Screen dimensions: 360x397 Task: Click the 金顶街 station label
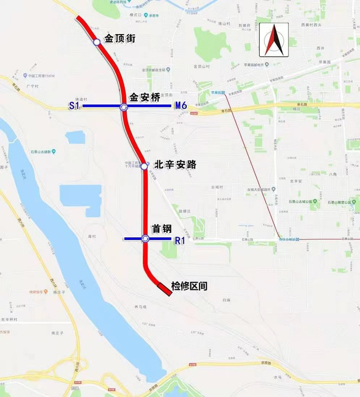[120, 38]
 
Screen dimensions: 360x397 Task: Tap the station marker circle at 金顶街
[96, 42]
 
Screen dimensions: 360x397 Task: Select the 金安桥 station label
[146, 97]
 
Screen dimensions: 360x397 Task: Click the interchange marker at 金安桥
[123, 107]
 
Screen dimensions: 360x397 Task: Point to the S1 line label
[75, 106]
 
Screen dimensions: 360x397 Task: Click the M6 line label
[181, 106]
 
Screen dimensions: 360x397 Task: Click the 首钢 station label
[161, 228]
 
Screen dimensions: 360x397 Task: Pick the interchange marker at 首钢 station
[146, 238]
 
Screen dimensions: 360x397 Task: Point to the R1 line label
[180, 239]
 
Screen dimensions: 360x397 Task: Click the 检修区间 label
[189, 286]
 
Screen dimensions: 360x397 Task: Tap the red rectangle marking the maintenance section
[165, 289]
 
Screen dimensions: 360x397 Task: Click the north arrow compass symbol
[274, 40]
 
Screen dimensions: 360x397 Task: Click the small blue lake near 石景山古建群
[75, 137]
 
